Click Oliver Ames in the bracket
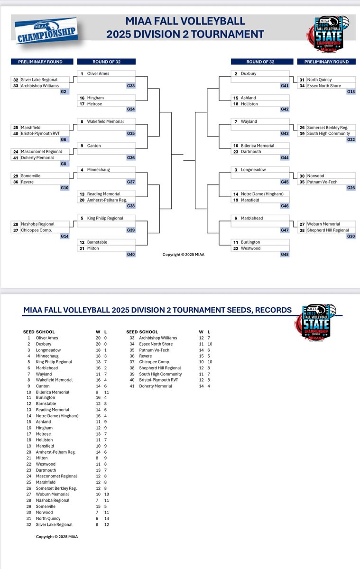(x=98, y=73)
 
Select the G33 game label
(x=130, y=86)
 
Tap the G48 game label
(x=284, y=254)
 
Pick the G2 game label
(x=64, y=92)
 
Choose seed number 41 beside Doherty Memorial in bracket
(x=16, y=157)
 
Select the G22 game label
(x=351, y=139)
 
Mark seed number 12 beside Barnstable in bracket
(x=82, y=242)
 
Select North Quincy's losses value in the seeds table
(x=105, y=518)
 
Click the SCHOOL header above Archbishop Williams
(x=148, y=332)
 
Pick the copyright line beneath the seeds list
(x=57, y=537)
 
